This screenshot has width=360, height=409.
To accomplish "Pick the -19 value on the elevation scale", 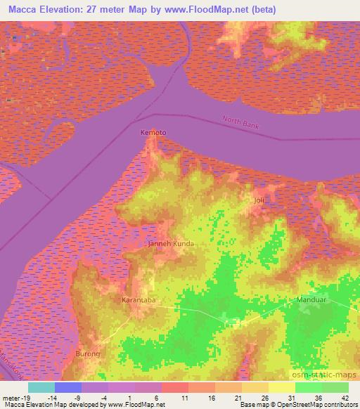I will pyautogui.click(x=26, y=397).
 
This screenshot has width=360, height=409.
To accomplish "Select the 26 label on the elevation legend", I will pyautogui.click(x=264, y=397).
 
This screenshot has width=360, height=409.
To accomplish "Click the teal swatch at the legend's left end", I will pyautogui.click(x=41, y=387).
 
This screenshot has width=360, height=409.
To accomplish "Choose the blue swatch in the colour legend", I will pyautogui.click(x=68, y=387).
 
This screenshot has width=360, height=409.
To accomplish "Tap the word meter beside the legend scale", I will pyautogui.click(x=11, y=397).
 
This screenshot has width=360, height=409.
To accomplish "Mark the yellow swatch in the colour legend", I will pyautogui.click(x=281, y=387).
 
